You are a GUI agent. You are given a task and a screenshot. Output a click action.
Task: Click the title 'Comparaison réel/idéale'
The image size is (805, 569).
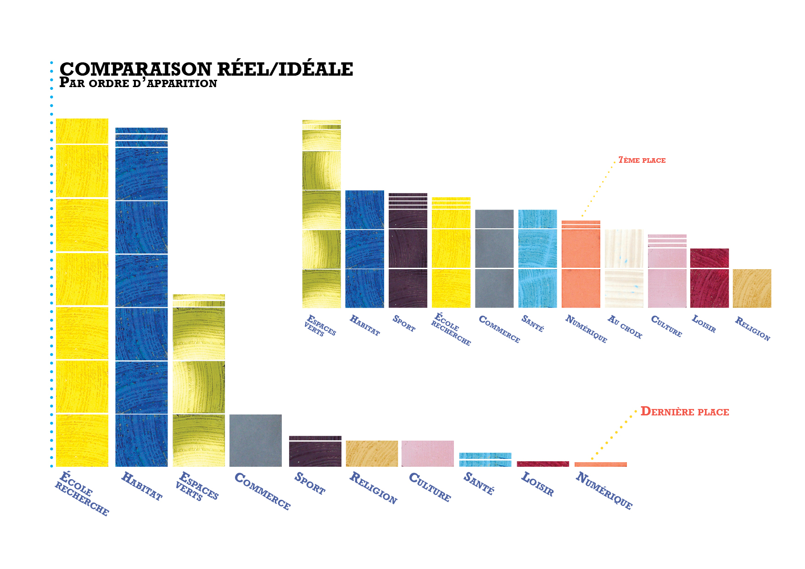tap(207, 69)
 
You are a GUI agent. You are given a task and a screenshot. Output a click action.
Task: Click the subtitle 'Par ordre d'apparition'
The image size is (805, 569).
tap(138, 83)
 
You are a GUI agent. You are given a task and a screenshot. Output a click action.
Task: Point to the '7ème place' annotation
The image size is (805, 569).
tap(642, 160)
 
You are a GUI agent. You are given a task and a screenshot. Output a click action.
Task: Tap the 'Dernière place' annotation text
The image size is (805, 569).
tap(684, 411)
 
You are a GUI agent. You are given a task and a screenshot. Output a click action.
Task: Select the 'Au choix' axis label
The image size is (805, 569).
tap(625, 326)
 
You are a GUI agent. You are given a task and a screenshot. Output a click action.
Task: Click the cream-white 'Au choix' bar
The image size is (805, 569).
tap(624, 268)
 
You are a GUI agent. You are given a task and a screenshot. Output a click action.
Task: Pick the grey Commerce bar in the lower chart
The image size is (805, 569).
tap(255, 440)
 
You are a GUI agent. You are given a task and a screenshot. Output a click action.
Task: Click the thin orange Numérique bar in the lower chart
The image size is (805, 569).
tap(600, 464)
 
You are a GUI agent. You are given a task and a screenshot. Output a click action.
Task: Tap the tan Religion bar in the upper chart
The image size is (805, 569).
tap(752, 288)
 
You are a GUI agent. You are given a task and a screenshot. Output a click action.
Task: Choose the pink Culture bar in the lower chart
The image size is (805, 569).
tap(427, 453)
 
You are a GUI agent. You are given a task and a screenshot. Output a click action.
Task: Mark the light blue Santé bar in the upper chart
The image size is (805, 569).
tap(537, 259)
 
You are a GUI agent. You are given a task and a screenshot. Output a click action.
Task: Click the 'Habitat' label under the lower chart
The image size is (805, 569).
tap(141, 486)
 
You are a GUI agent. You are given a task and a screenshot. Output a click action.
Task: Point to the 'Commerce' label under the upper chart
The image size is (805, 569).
tap(499, 329)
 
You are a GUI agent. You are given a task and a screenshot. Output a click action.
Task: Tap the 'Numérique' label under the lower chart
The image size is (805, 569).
tap(604, 491)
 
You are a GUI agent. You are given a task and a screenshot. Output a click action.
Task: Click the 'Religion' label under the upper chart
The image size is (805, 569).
tap(752, 328)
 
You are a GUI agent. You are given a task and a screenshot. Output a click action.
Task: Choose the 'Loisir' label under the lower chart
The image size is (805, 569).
tap(537, 484)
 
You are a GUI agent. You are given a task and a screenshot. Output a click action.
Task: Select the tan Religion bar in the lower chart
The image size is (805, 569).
tap(372, 453)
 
